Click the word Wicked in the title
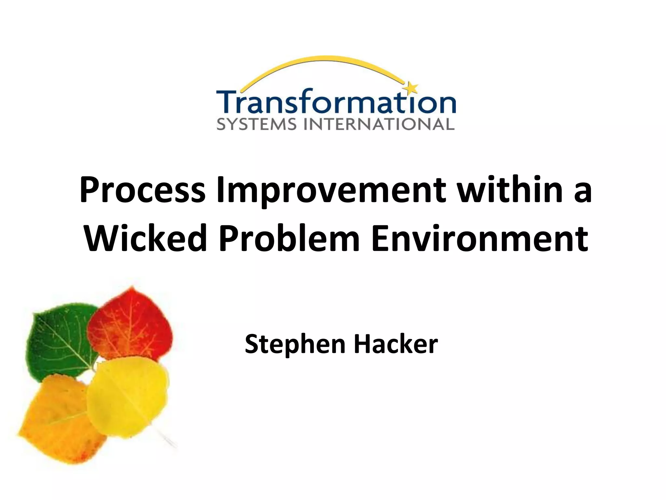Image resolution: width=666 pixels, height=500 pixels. [145, 238]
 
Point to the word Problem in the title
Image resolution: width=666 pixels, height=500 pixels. [289, 238]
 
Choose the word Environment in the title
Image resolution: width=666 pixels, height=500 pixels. [479, 238]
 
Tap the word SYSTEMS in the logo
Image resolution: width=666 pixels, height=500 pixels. [257, 124]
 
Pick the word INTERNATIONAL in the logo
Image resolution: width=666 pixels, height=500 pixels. [379, 124]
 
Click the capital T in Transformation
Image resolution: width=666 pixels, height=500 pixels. [230, 102]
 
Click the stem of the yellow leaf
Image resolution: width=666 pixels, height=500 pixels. [166, 438]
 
